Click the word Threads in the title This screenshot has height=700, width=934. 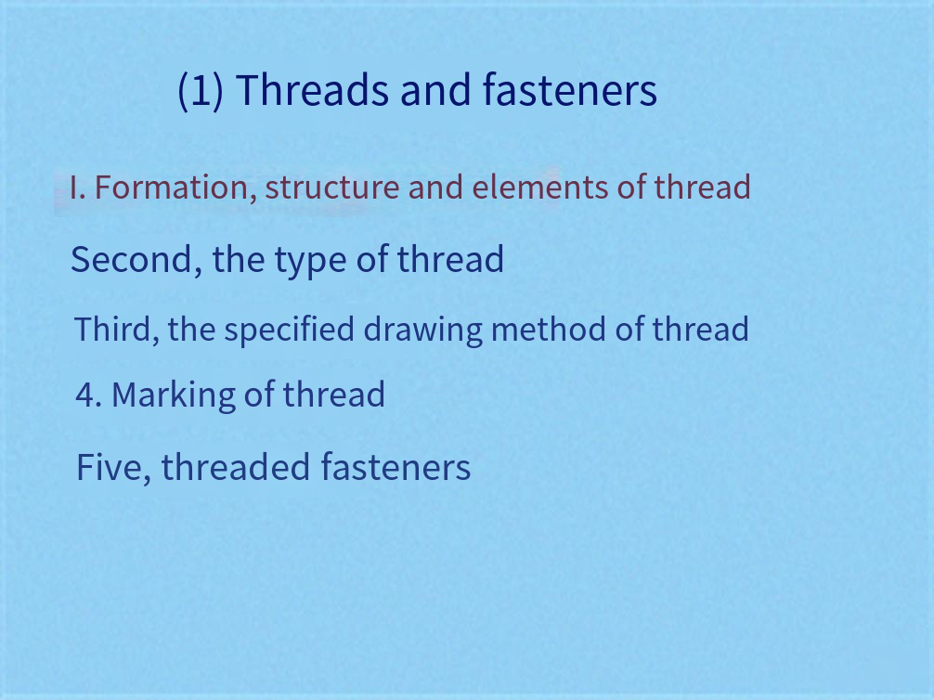(312, 90)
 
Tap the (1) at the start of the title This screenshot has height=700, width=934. (201, 91)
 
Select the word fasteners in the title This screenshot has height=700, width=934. (569, 90)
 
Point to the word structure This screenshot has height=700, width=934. (332, 188)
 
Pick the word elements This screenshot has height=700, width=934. (540, 187)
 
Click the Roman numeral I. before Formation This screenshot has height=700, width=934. (77, 188)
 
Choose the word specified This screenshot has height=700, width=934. (290, 331)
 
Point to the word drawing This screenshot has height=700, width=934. (423, 331)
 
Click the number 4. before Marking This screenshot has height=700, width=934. (89, 395)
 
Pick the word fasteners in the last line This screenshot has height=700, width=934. (396, 466)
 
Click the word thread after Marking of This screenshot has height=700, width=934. (333, 395)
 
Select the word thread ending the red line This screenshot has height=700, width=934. (702, 187)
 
